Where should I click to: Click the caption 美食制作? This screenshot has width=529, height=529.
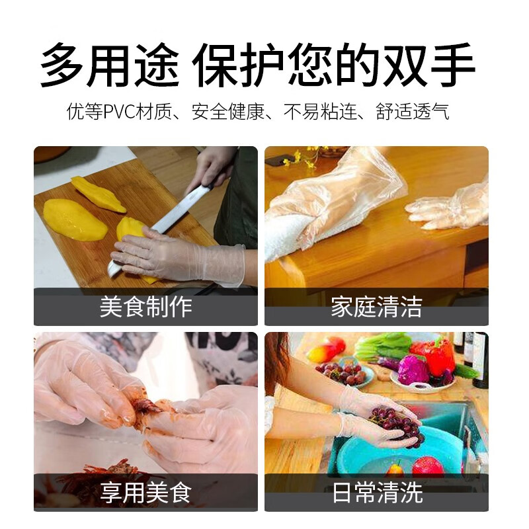pos(145,307)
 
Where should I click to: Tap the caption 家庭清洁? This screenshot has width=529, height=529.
pos(376,307)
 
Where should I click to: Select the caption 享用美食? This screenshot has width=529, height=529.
pos(145,492)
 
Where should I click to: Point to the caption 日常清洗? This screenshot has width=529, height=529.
pos(376,492)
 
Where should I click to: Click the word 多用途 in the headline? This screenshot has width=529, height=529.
pos(109,65)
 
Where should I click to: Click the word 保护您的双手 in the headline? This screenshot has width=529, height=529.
pos(334,65)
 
